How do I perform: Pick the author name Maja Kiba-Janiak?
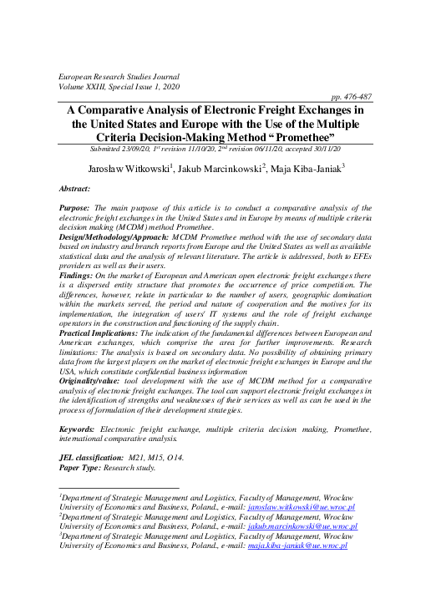[317, 169]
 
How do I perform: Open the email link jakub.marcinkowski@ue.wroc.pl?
[301, 526]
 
